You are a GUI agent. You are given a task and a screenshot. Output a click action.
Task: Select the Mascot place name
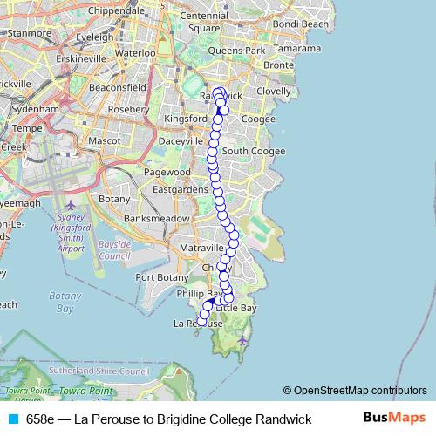point(105,140)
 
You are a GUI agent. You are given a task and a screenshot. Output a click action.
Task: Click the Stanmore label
point(29,35)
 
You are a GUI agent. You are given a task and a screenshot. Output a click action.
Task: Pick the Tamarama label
point(303,50)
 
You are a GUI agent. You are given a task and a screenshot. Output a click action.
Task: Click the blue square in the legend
point(13,419)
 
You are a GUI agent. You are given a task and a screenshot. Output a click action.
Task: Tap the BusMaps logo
point(394,419)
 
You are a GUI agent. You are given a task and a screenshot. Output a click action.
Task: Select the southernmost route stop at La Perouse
point(201,322)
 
